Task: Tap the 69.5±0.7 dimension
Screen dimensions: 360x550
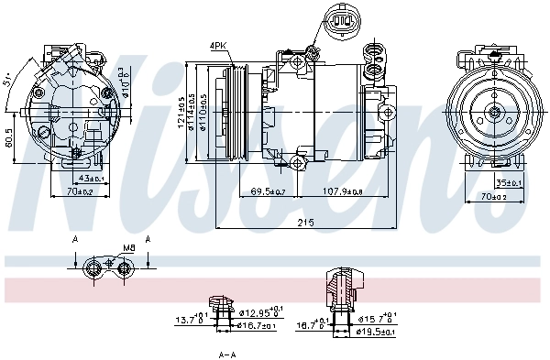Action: coord(267,191)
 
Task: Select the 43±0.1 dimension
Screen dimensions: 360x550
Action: coord(93,179)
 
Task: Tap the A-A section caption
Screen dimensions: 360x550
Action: coord(227,354)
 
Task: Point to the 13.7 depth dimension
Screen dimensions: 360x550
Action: coord(188,320)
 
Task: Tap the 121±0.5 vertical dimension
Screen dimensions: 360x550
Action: coord(181,112)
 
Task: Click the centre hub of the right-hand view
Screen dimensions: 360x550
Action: coord(494,113)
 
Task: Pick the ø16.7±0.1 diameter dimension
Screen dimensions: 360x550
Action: coord(257,325)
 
